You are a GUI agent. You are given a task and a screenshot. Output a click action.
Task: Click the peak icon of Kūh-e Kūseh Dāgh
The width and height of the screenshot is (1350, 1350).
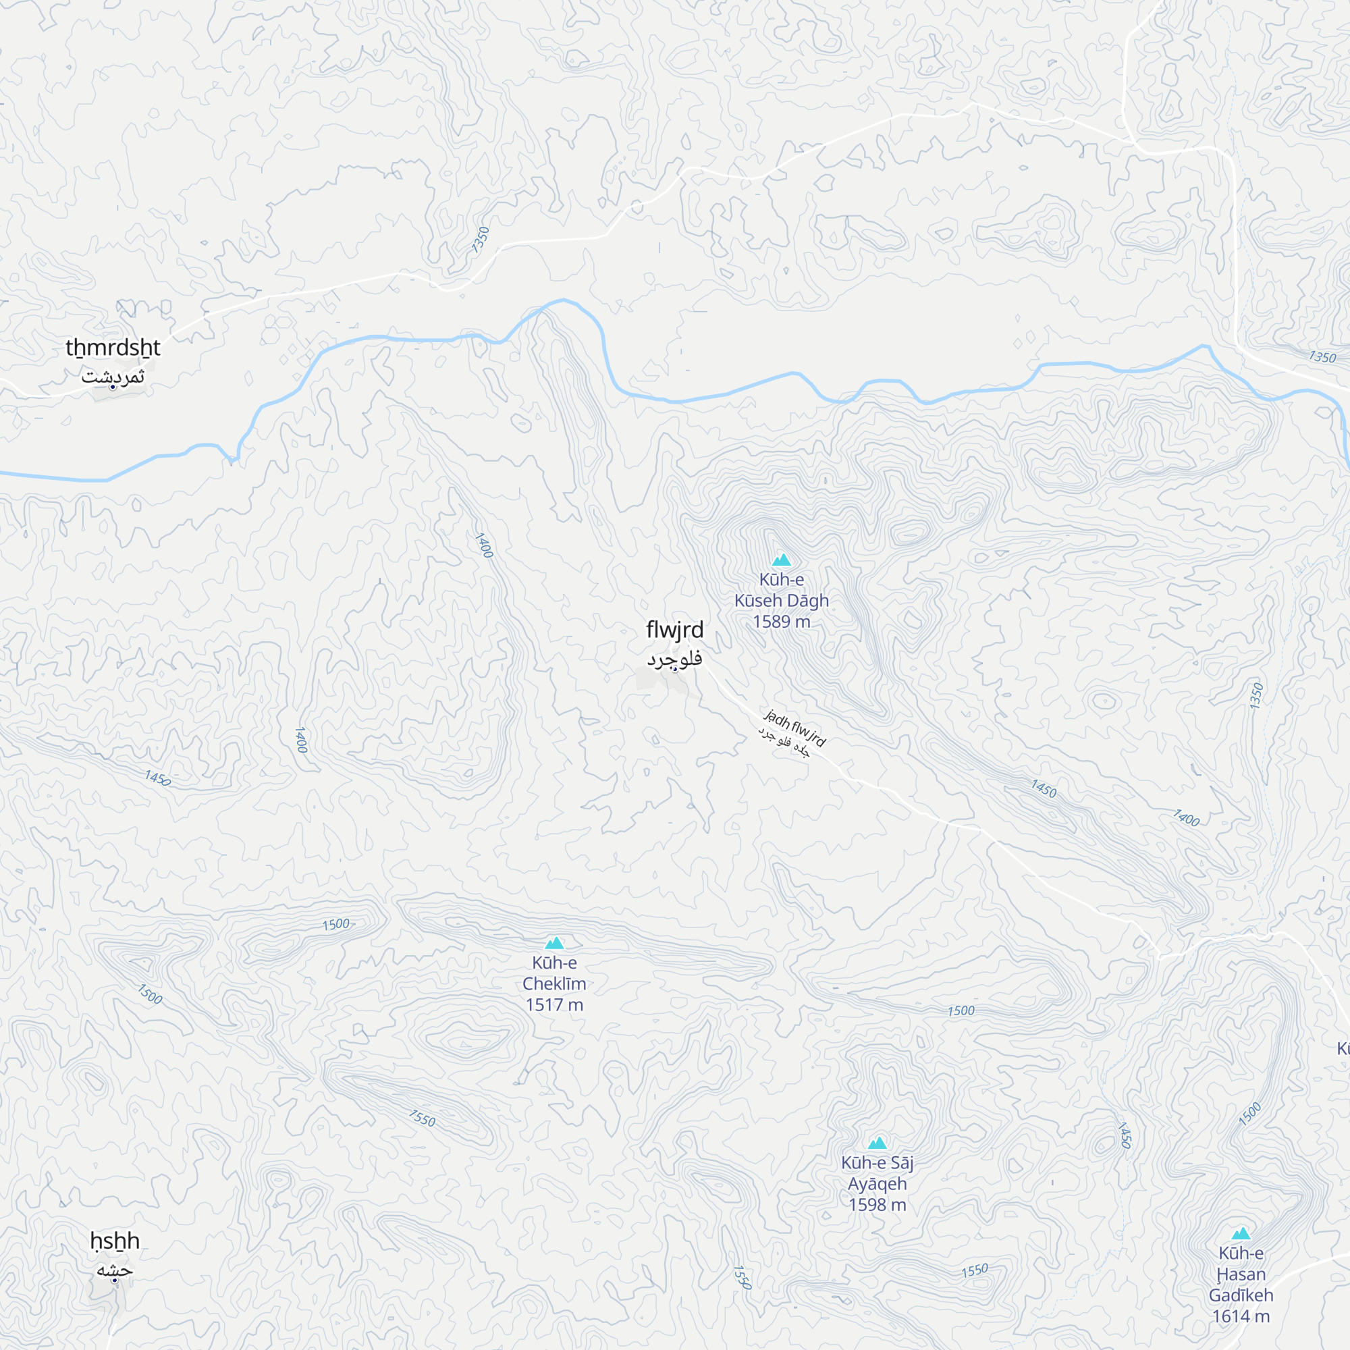(x=781, y=560)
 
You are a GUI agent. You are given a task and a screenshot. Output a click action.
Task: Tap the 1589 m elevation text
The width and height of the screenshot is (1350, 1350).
(x=781, y=622)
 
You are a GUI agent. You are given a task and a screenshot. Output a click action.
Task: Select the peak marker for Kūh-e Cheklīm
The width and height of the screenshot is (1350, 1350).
(x=554, y=944)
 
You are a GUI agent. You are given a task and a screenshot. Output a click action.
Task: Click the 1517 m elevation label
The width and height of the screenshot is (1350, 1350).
(x=554, y=1005)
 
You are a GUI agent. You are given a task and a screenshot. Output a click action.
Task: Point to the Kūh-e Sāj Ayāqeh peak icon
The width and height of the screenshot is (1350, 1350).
(x=877, y=1143)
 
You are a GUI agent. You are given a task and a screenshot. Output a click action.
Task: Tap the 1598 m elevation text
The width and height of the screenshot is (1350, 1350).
(x=877, y=1205)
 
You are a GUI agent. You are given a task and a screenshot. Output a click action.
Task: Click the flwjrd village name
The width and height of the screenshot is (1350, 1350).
(x=674, y=630)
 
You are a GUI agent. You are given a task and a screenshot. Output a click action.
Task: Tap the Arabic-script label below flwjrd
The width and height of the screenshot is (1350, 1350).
(x=674, y=659)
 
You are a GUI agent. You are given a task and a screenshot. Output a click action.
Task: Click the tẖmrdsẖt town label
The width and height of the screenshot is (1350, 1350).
(x=113, y=347)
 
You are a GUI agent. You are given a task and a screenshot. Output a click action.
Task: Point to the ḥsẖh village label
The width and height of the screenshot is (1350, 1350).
(x=115, y=1241)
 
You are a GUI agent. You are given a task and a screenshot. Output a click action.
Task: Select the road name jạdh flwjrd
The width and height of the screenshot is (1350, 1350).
(x=795, y=728)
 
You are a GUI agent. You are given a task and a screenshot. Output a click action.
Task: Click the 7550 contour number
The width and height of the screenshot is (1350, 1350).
(x=422, y=1118)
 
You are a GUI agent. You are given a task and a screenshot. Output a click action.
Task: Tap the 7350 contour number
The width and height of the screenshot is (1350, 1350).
(x=481, y=240)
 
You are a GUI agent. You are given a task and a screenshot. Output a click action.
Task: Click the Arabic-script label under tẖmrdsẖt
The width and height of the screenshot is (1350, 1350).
(x=113, y=377)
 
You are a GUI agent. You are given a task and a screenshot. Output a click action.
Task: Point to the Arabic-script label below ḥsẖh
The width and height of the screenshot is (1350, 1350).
(x=115, y=1270)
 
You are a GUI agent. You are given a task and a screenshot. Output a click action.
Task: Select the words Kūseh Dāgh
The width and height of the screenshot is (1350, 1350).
(x=781, y=601)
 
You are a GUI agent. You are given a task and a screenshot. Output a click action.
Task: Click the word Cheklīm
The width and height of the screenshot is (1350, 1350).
(x=554, y=984)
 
